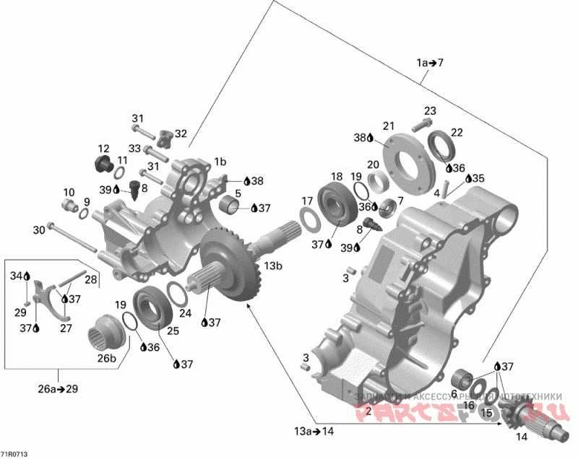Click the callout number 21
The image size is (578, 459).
(x=388, y=124)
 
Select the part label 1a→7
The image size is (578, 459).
(x=430, y=63)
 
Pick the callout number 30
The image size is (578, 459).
(x=38, y=230)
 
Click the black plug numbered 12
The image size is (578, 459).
(x=103, y=162)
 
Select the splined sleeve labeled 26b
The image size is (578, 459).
(x=107, y=333)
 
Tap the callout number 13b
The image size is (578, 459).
(x=274, y=266)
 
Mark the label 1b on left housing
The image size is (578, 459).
(x=220, y=162)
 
